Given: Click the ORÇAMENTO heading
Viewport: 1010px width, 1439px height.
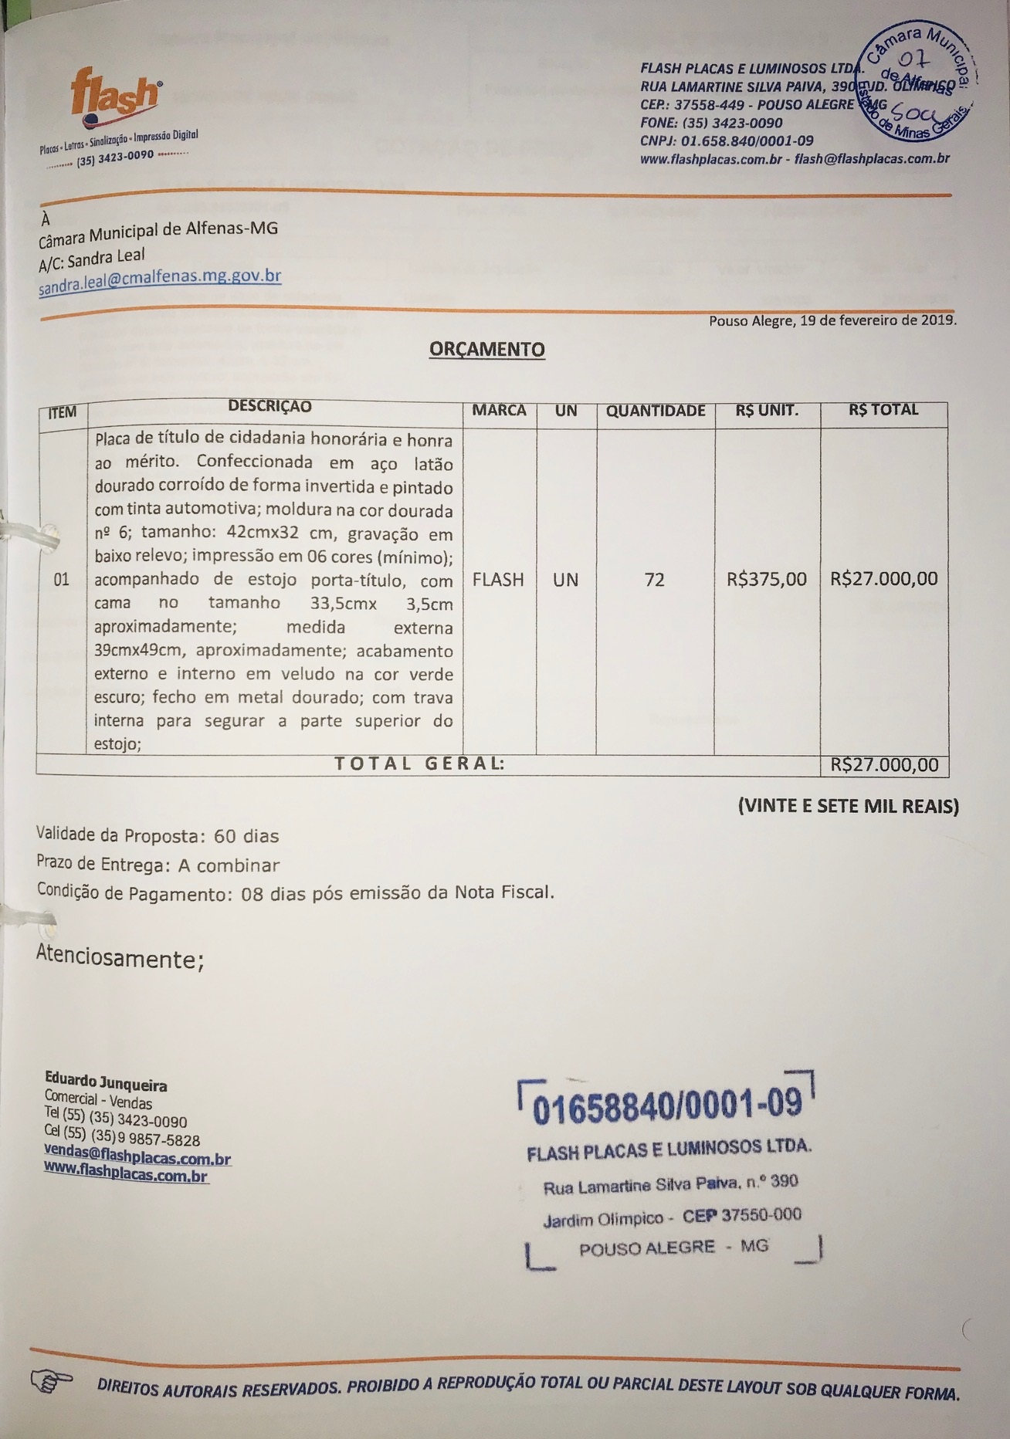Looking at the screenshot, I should point(486,350).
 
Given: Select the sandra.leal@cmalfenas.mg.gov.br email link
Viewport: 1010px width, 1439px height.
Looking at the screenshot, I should point(160,281).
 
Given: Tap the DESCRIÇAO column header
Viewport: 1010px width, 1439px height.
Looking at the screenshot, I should point(269,407).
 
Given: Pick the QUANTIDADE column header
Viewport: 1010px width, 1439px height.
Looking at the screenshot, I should point(655,411).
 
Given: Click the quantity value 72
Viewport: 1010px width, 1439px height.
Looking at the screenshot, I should point(654,580).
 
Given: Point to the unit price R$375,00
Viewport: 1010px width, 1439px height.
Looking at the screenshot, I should point(766,579).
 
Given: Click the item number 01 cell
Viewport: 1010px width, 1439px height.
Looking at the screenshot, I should point(62,580).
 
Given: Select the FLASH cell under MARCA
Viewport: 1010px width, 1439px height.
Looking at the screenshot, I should point(498,580).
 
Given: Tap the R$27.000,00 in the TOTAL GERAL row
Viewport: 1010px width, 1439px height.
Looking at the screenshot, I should point(884,765).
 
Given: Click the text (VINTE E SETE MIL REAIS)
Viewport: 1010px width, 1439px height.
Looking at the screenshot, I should point(848,807).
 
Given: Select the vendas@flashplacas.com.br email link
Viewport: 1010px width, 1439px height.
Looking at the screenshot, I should point(137,1157).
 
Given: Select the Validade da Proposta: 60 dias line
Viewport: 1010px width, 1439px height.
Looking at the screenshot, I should point(158,836).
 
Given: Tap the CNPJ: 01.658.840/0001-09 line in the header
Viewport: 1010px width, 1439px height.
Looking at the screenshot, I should point(727,141).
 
